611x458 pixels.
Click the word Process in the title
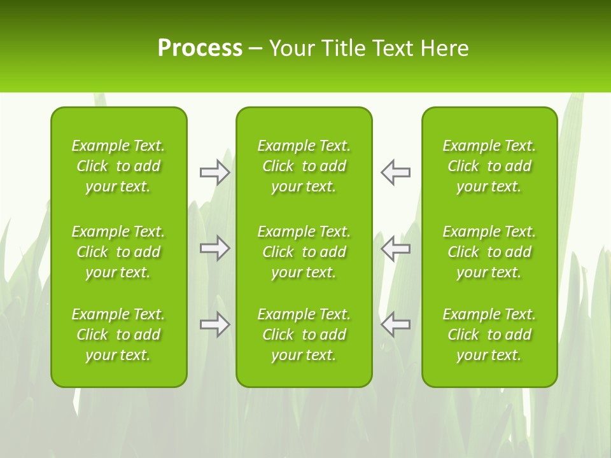coord(200,48)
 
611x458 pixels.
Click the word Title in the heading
coord(343,48)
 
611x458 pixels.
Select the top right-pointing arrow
coord(214,172)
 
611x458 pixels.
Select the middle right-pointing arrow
coord(214,248)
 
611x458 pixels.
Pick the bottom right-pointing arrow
coord(214,324)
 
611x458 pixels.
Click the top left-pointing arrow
coord(395,172)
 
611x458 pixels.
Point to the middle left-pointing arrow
coord(395,248)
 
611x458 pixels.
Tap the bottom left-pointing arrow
coord(395,324)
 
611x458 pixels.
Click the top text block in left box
coord(118,166)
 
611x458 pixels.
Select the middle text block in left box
coord(118,252)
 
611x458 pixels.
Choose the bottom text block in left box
coord(118,335)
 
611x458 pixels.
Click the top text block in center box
coord(304,166)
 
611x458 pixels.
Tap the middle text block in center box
coord(304,252)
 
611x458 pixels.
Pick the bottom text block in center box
coord(304,335)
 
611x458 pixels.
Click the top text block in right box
coord(489,166)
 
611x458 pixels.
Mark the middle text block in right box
coord(489,252)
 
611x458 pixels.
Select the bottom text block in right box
coord(489,335)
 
